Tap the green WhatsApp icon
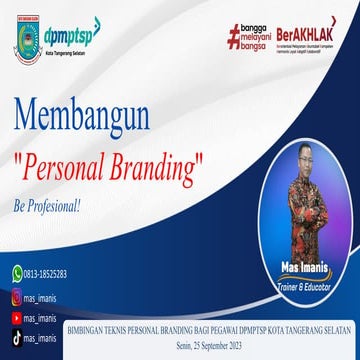(x=17, y=272)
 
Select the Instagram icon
(x=17, y=297)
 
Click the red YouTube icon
(x=17, y=318)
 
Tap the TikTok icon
(x=17, y=339)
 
